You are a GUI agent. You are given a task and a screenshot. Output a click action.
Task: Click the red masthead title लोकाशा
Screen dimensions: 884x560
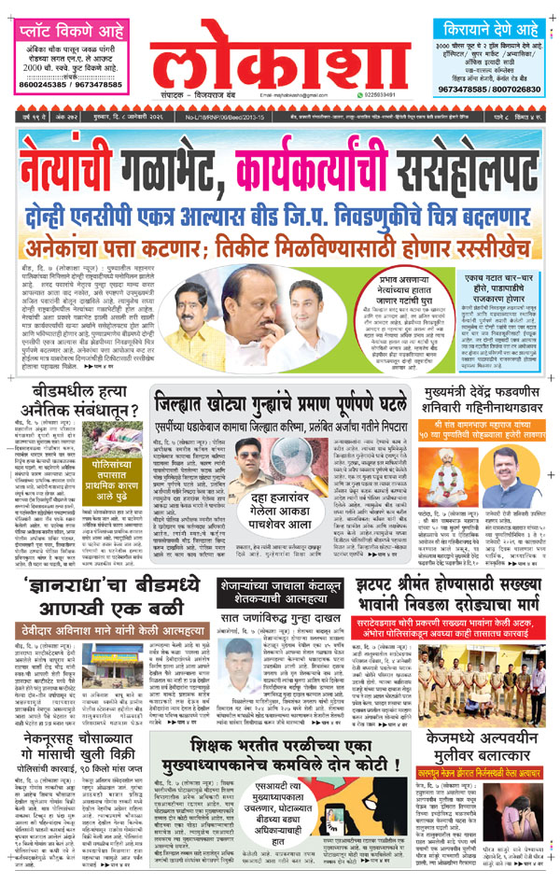point(280,61)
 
